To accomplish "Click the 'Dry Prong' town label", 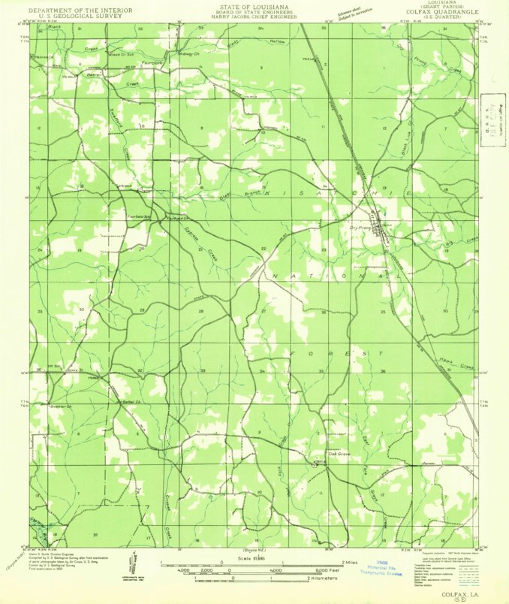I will tap(361, 227).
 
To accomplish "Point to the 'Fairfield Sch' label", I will tap(139, 216).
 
